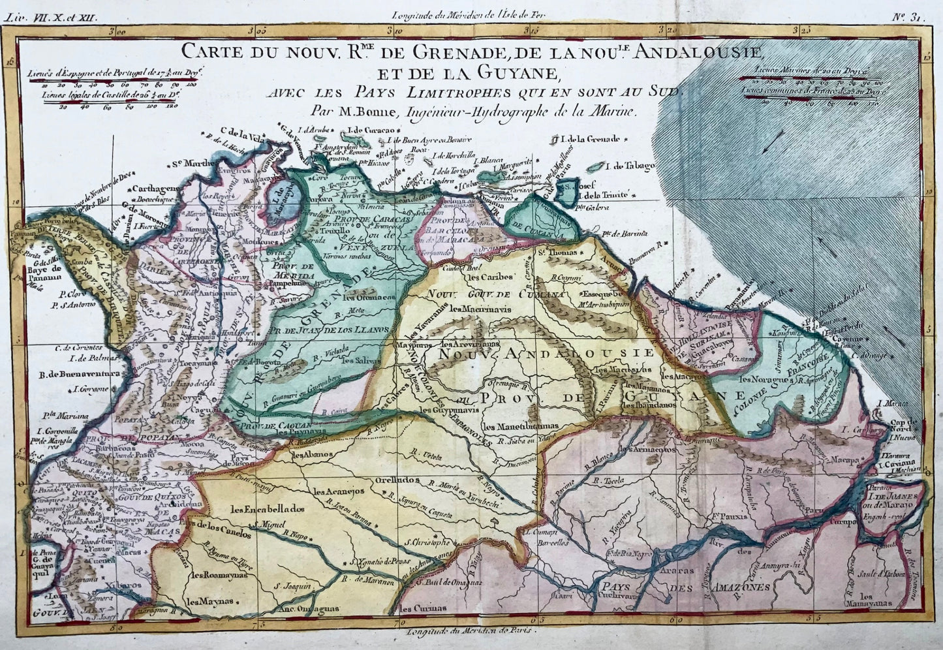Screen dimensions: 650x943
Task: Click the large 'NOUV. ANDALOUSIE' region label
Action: tap(546, 353)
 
